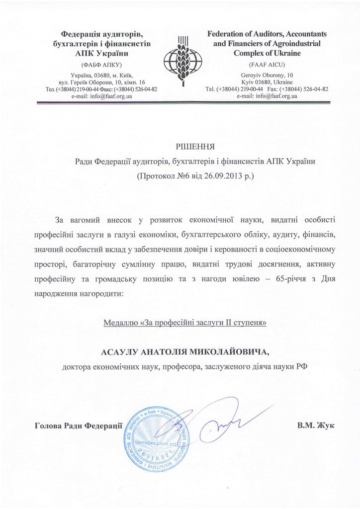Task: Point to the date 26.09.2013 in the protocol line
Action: click(220, 175)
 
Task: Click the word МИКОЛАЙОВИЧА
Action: click(229, 352)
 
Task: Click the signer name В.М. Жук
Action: click(316, 425)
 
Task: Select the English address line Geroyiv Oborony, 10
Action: click(266, 74)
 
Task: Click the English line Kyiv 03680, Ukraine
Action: click(266, 81)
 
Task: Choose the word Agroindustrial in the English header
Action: click(293, 43)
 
